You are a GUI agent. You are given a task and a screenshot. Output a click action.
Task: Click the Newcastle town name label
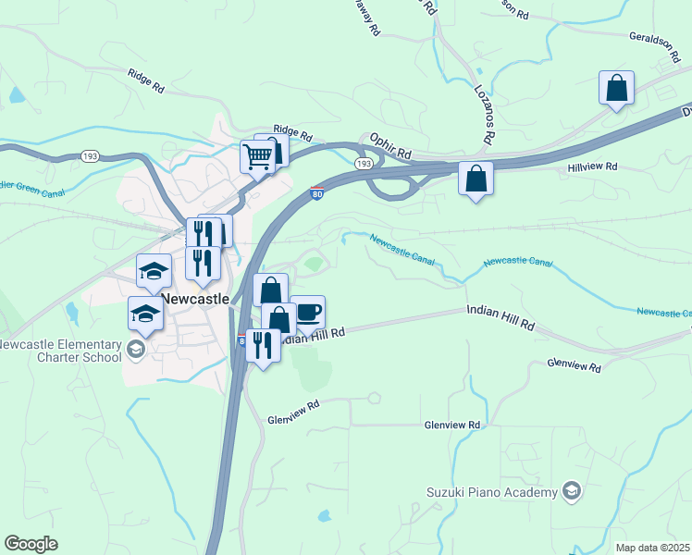point(194,300)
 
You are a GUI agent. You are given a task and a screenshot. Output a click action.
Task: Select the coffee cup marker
point(307,313)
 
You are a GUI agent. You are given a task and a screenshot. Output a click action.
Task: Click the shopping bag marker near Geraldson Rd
point(616,89)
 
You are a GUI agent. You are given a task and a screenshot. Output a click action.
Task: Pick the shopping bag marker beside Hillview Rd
point(476,179)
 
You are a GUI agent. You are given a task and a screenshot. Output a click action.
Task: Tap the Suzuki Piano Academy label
point(492,491)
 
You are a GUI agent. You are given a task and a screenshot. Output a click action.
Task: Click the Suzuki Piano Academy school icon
point(572,491)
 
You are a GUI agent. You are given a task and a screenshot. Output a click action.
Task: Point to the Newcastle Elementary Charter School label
point(60,351)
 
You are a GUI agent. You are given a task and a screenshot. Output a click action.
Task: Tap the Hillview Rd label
point(592,167)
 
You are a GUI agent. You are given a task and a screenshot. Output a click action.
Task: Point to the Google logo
point(31,544)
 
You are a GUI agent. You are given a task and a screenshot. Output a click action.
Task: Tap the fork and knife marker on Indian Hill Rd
point(263,346)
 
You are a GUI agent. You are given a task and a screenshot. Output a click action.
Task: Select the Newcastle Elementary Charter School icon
point(136,348)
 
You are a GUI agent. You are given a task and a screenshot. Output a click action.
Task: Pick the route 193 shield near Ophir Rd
point(364,164)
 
